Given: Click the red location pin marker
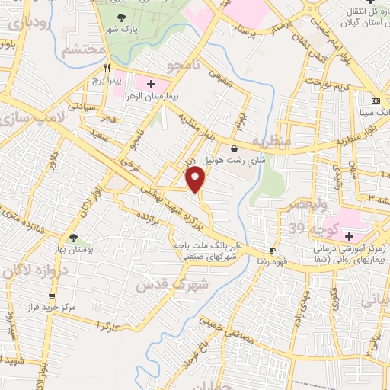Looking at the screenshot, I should tap(197, 180).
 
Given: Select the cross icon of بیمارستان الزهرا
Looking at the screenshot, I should tap(150, 83).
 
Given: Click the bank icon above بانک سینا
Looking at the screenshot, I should tap(376, 101).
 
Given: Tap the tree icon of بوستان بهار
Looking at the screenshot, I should tap(74, 238).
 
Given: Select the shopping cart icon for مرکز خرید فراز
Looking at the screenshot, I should tap(51, 296).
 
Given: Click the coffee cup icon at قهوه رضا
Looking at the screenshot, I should tap(272, 251).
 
